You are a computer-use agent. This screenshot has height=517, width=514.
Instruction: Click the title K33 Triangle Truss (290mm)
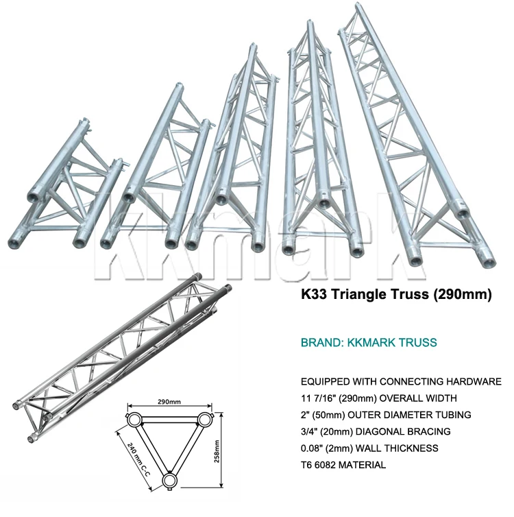click(x=397, y=296)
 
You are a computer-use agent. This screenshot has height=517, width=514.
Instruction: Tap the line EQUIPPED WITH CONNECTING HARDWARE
click(x=401, y=382)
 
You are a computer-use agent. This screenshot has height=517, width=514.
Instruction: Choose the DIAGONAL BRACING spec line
click(x=376, y=431)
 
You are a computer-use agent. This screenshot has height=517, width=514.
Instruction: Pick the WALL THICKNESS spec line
click(x=369, y=448)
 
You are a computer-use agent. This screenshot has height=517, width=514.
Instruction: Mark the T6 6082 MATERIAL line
click(x=343, y=464)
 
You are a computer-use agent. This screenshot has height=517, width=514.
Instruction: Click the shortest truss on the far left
click(x=75, y=189)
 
